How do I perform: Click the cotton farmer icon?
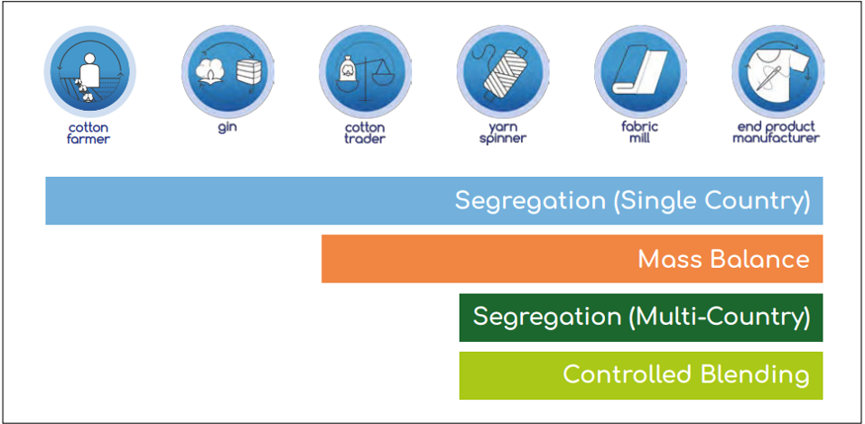(88, 70)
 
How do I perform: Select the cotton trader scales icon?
(364, 70)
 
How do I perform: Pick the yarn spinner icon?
(501, 70)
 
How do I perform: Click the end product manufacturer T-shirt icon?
(776, 70)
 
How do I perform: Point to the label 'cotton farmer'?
(88, 134)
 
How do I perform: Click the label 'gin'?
(227, 127)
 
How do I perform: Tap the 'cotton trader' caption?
(365, 134)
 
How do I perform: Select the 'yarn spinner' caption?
(501, 134)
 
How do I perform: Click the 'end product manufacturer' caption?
(776, 133)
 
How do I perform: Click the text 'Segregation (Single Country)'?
(632, 200)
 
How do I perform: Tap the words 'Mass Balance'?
(723, 259)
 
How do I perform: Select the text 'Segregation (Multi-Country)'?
(641, 317)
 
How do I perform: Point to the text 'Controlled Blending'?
(685, 374)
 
